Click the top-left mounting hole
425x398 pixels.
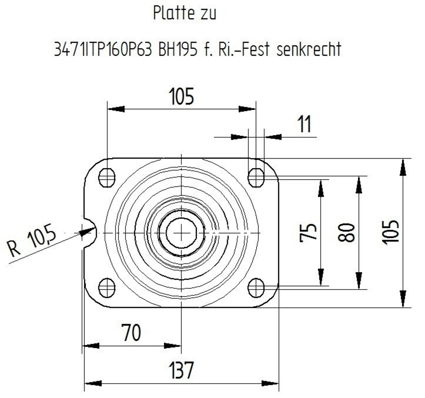tap(107, 177)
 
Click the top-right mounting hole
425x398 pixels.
tap(256, 177)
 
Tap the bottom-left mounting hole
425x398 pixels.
tap(107, 287)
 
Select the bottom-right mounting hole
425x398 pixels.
tap(256, 287)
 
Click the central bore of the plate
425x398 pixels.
tap(181, 232)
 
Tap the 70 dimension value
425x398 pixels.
tap(130, 333)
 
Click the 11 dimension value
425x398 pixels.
tap(303, 125)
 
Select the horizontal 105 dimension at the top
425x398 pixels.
tap(181, 97)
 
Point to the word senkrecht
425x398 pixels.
tap(309, 50)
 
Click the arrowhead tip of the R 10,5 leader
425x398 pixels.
tap(96, 229)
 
